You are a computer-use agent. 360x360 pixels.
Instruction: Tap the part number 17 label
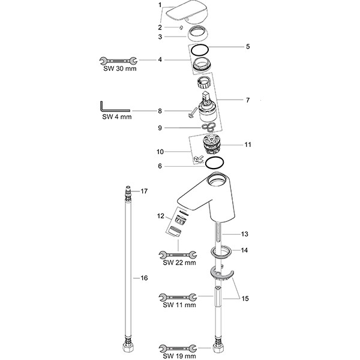tap(144, 191)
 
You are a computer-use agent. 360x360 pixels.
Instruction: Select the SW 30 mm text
tap(120, 68)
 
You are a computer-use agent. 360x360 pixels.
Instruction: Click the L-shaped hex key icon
tap(115, 107)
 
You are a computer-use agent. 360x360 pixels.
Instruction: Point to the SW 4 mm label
tap(117, 117)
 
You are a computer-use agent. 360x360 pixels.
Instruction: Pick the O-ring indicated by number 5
tap(200, 50)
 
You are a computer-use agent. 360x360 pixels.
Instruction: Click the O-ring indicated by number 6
tap(214, 163)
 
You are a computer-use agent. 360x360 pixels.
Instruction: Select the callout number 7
tap(247, 100)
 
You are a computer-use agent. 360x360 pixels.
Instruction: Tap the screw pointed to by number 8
tap(192, 113)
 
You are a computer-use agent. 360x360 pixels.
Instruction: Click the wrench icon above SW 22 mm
tap(178, 255)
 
